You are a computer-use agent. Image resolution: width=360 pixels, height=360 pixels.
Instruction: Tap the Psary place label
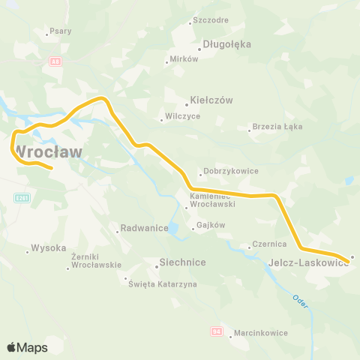pyautogui.click(x=59, y=32)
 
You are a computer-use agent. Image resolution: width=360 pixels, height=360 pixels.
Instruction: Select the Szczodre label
pyautogui.click(x=210, y=20)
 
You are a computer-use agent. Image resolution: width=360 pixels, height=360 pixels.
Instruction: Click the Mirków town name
pyautogui.click(x=184, y=58)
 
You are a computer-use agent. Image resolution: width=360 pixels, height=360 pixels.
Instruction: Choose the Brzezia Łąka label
pyautogui.click(x=277, y=127)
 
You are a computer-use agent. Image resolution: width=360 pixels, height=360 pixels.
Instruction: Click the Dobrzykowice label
pyautogui.click(x=230, y=171)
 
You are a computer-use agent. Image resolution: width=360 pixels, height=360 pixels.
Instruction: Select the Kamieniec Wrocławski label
pyautogui.click(x=214, y=199)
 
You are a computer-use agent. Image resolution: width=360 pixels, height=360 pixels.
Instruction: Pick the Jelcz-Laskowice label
pyautogui.click(x=307, y=263)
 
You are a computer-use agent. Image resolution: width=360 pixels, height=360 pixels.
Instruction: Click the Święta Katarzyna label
pyautogui.click(x=162, y=284)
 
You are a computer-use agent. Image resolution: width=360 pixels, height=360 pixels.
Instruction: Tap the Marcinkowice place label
pyautogui.click(x=259, y=334)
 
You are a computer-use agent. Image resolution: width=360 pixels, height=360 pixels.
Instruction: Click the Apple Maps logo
pyautogui.click(x=27, y=347)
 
